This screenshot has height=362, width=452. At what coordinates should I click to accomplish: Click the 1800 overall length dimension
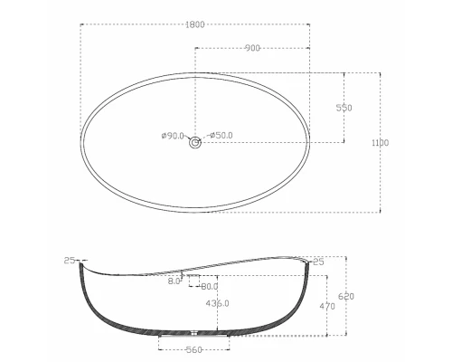[195, 24]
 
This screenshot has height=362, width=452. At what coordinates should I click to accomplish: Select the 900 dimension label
[252, 48]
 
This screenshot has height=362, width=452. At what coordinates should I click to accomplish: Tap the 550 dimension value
[344, 108]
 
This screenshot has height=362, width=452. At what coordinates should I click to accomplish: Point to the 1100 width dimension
[381, 142]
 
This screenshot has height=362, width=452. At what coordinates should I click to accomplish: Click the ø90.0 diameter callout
[173, 136]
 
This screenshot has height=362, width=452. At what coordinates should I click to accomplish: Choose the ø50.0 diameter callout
[221, 135]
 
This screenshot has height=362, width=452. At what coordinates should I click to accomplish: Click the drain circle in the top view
[195, 143]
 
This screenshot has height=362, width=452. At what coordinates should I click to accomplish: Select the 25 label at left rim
[70, 261]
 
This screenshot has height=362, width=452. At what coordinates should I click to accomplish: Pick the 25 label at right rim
[318, 262]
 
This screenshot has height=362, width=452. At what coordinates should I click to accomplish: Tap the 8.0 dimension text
[174, 281]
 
